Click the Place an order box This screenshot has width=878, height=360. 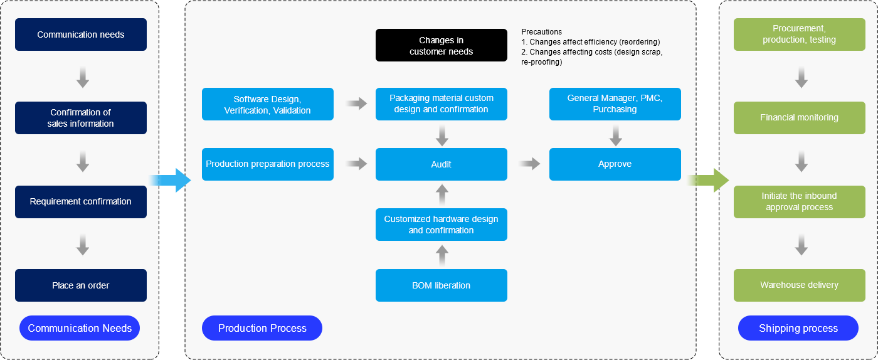click(x=81, y=285)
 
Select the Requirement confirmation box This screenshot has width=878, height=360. click(x=81, y=201)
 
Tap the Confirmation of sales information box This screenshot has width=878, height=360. click(x=81, y=118)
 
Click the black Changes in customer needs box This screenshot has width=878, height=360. click(x=441, y=45)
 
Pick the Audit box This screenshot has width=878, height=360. click(x=441, y=164)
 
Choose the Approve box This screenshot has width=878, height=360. click(x=615, y=164)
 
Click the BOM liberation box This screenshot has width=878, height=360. click(x=441, y=285)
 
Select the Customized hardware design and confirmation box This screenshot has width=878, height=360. click(x=441, y=225)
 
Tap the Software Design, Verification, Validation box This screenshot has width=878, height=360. click(x=267, y=104)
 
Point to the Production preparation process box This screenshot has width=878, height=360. click(x=267, y=164)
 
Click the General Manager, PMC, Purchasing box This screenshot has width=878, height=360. click(x=615, y=104)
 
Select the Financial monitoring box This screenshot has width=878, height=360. click(x=799, y=117)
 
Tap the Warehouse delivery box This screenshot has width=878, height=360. click(x=799, y=285)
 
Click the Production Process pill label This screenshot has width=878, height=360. click(x=262, y=328)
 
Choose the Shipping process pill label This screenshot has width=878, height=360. click(x=798, y=328)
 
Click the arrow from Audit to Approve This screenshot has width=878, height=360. click(x=530, y=164)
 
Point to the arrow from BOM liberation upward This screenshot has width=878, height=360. click(x=442, y=255)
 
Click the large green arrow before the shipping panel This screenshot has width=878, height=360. click(x=712, y=181)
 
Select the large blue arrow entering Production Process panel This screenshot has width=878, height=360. click(x=174, y=181)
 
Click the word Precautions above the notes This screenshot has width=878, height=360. click(x=541, y=32)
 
